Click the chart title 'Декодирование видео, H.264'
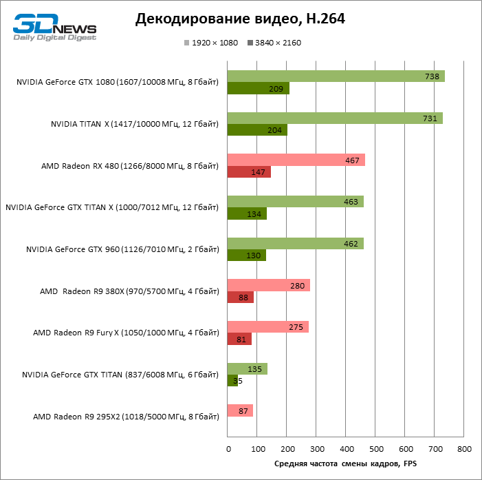[240, 19]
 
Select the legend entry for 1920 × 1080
[210, 43]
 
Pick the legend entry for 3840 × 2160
[274, 43]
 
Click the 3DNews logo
[54, 28]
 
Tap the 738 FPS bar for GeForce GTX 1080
[336, 76]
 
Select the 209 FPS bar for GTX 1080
[258, 88]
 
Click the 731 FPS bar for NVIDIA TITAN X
[334, 118]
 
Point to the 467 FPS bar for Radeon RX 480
[296, 160]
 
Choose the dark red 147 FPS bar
[249, 172]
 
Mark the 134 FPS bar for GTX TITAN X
[247, 214]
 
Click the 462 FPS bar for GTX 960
[295, 244]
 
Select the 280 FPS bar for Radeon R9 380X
[268, 285]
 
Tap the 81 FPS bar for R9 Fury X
[239, 339]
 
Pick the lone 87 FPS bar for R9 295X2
[240, 410]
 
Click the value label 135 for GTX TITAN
[254, 369]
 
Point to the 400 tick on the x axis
[346, 449]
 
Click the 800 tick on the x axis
[464, 449]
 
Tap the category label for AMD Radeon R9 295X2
[126, 417]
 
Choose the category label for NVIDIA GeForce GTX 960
[122, 249]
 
